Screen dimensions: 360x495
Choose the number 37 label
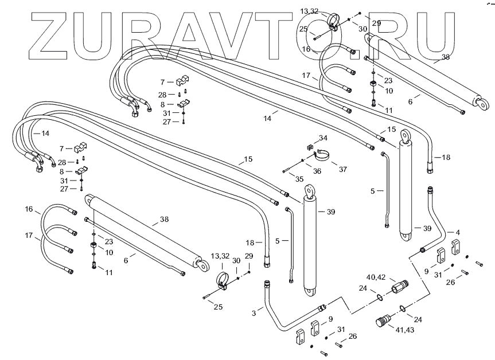coord(343,169)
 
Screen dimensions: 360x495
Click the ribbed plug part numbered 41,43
coord(382,323)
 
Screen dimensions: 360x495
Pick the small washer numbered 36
coord(303,160)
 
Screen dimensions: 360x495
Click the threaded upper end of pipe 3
coord(267,283)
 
